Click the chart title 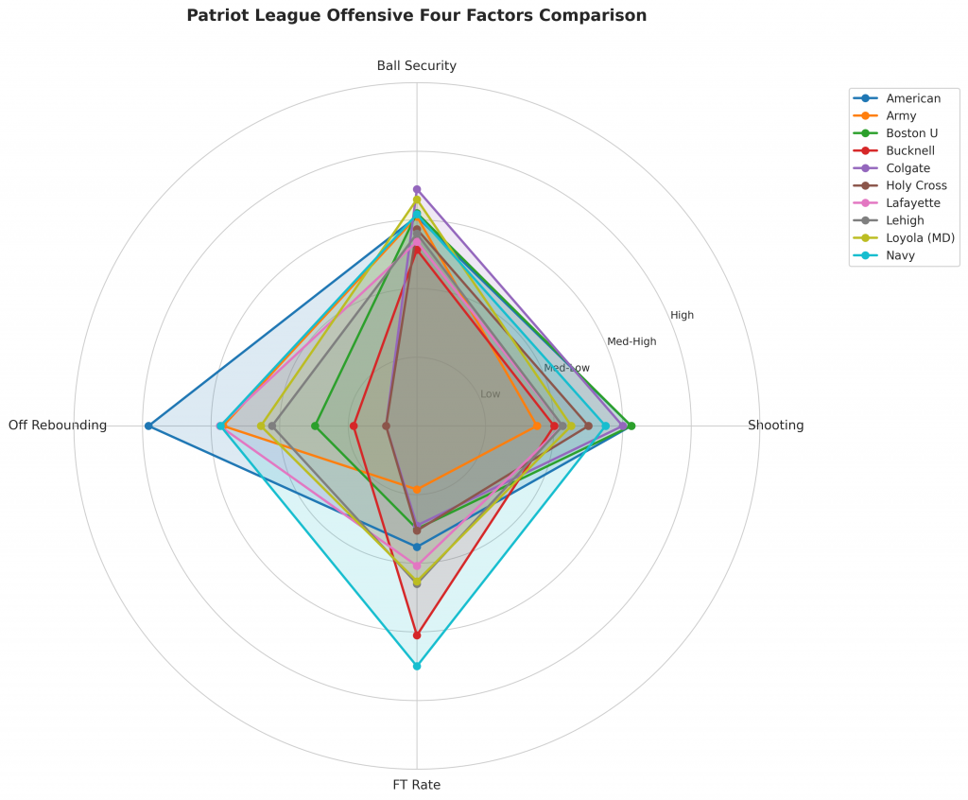coord(417,16)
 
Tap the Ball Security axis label coord(417,66)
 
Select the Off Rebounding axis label coord(58,426)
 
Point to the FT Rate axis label coord(417,785)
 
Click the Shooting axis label coord(775,426)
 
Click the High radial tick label coord(682,315)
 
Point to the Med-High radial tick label coord(631,341)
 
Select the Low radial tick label coord(491,393)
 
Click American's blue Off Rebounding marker coord(148,426)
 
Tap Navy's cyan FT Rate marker coord(417,666)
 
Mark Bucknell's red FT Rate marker coord(417,635)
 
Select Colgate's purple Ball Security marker coord(417,189)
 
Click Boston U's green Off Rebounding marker coord(317,426)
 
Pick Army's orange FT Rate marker coord(417,489)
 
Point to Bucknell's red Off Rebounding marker coord(354,426)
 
